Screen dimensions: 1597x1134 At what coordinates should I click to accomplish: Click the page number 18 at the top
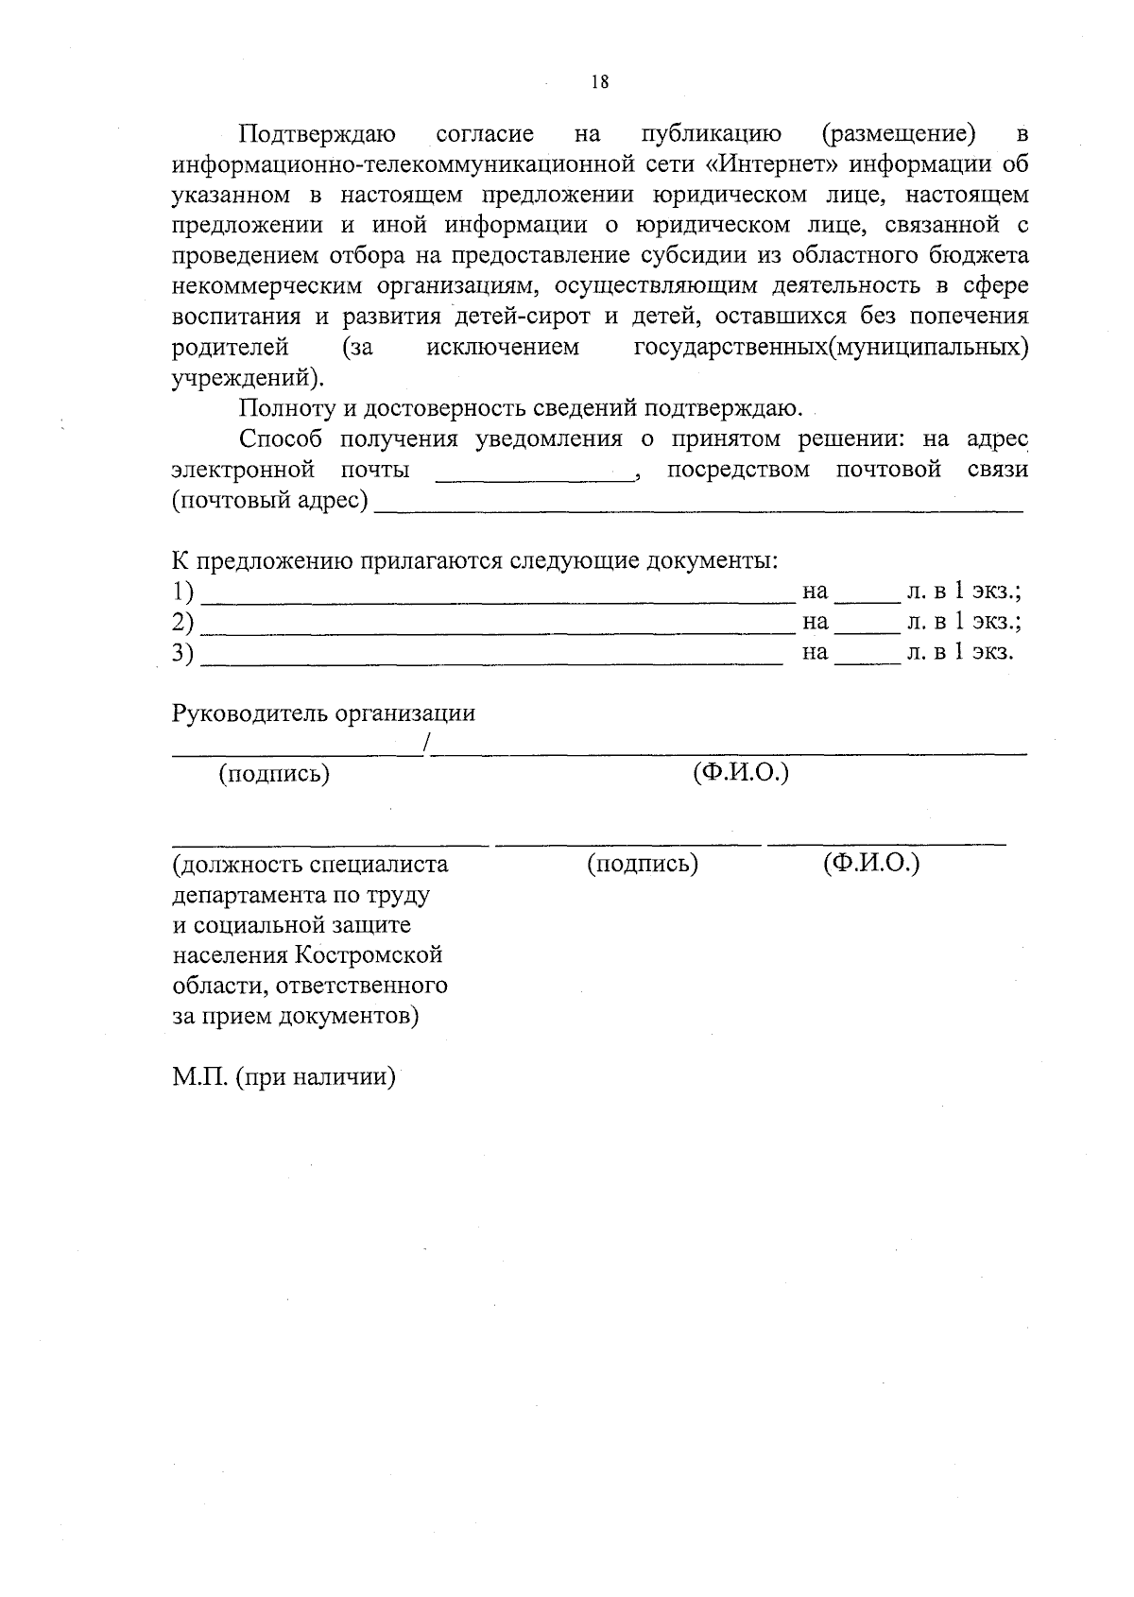tap(599, 81)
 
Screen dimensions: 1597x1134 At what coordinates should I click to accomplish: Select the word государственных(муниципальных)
tap(831, 348)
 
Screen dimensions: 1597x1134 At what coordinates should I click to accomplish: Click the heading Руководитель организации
tap(323, 713)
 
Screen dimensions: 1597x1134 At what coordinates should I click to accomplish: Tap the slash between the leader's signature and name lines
tap(427, 744)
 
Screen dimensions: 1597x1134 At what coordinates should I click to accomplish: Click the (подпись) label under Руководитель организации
tap(274, 775)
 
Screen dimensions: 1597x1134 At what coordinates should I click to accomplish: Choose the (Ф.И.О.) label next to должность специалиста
tap(870, 864)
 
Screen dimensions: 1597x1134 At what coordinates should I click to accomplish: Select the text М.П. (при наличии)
tap(283, 1077)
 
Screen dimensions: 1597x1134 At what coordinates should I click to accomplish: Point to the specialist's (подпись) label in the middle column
tap(643, 864)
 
